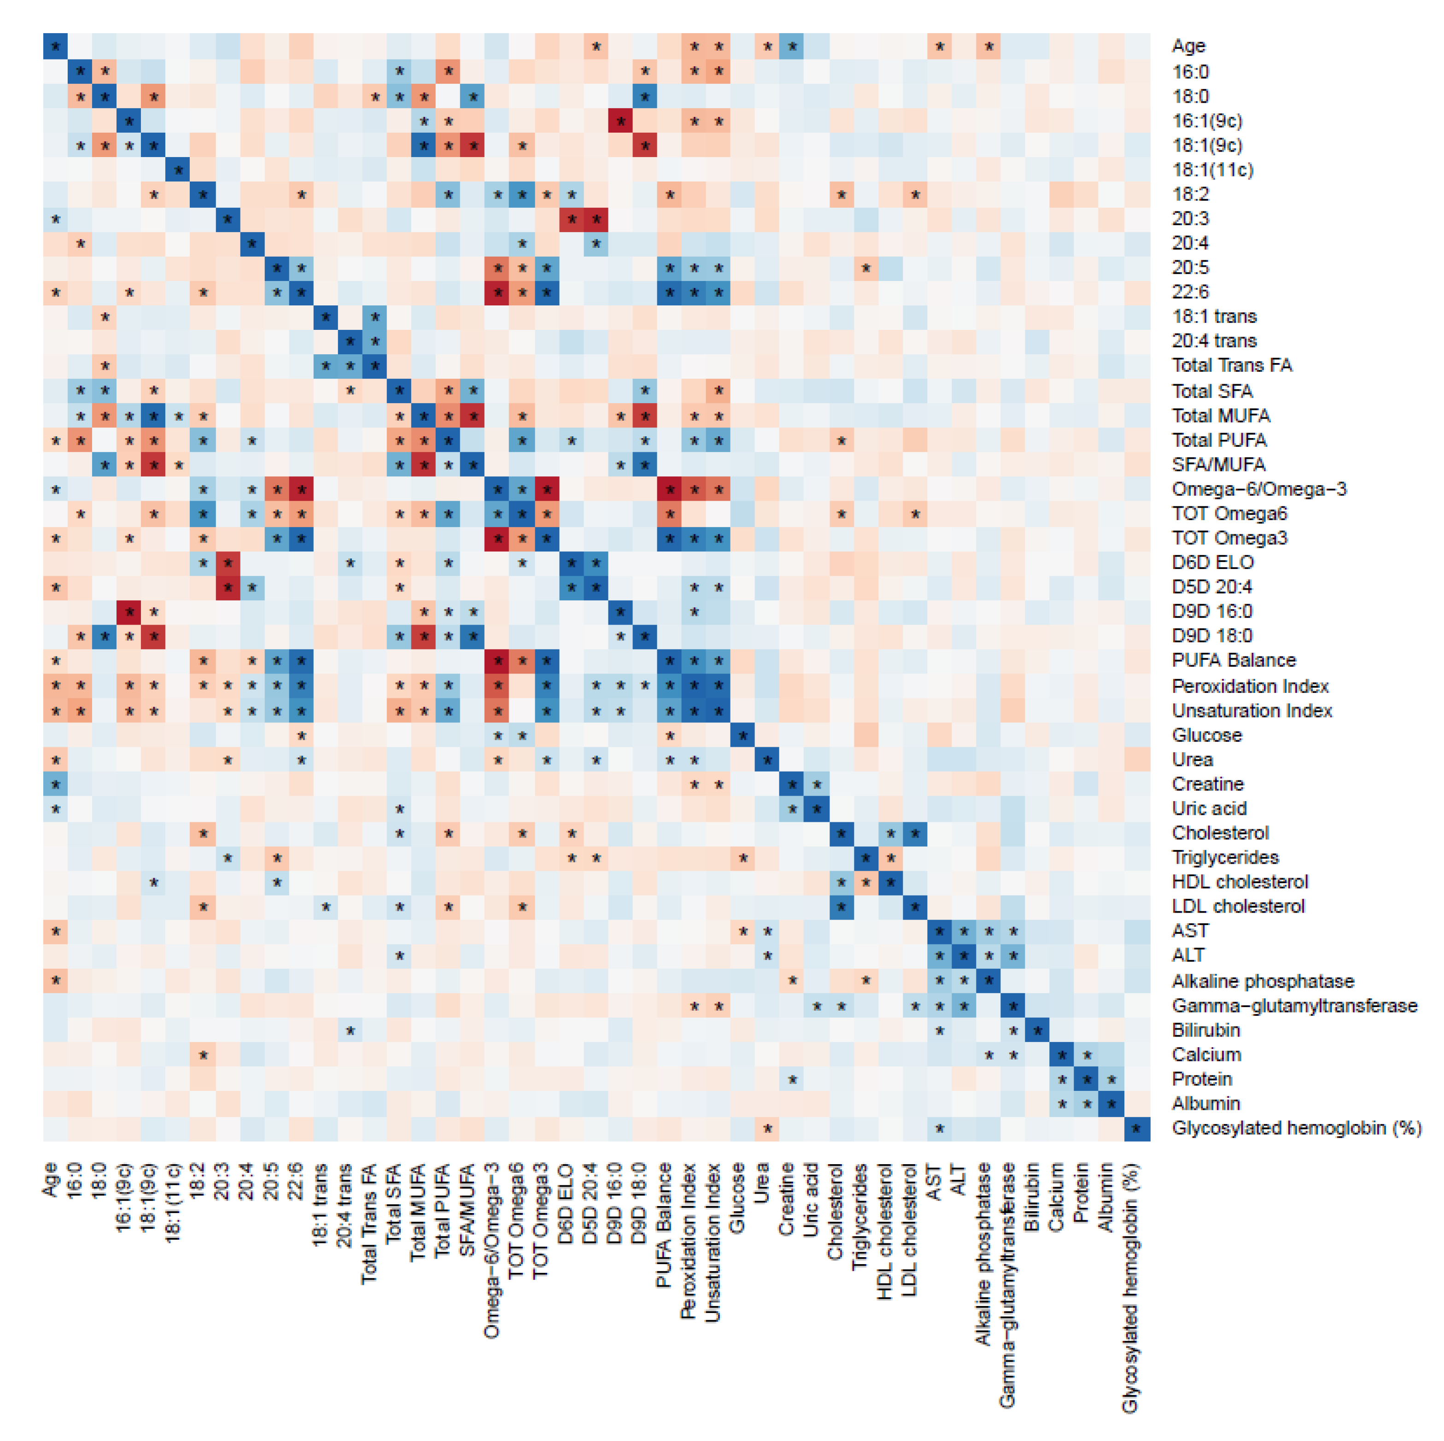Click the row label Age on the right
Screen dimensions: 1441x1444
click(1188, 47)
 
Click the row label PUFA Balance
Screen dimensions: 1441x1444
click(1233, 661)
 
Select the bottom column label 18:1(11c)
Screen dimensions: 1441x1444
click(173, 1203)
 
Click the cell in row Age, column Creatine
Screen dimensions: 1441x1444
click(791, 47)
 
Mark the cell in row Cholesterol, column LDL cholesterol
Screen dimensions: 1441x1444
click(914, 833)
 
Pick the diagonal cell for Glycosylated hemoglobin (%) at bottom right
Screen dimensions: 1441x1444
click(1136, 1129)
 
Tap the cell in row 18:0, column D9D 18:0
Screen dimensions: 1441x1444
click(645, 96)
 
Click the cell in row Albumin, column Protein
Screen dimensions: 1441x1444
click(1087, 1104)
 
